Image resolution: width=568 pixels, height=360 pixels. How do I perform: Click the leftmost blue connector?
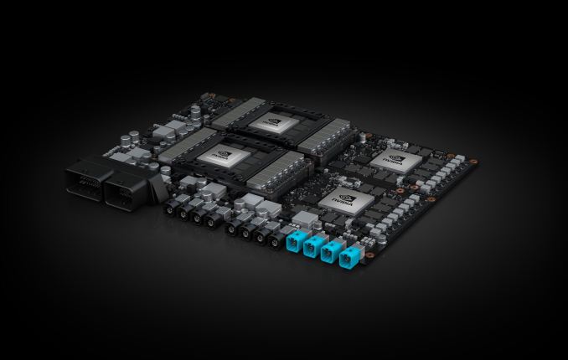294,243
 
